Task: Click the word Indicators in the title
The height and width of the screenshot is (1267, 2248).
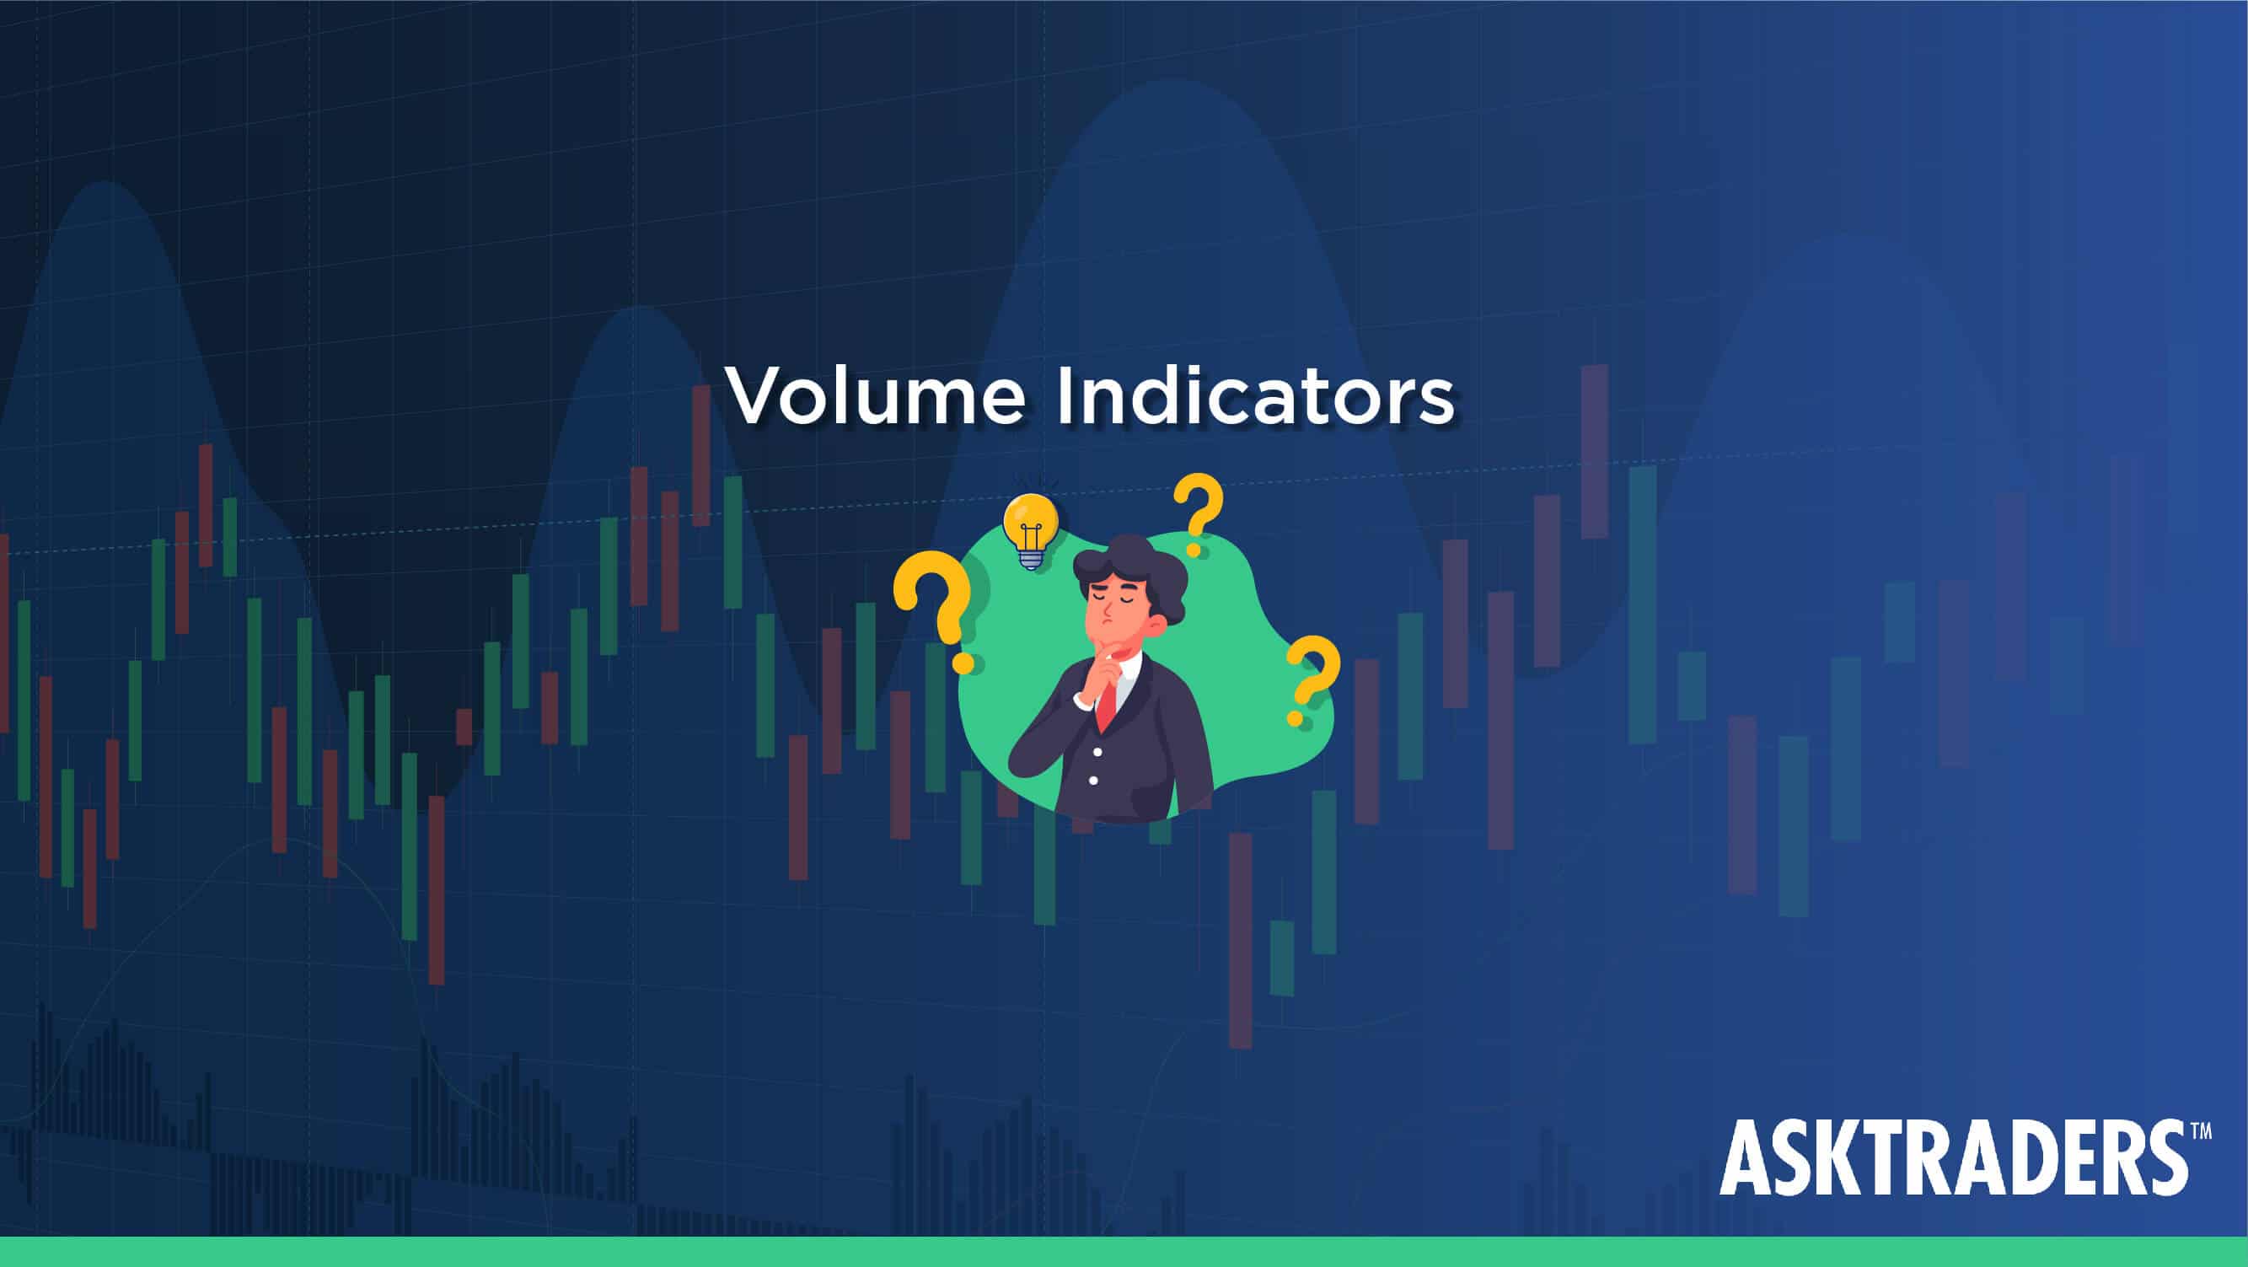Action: (x=1256, y=395)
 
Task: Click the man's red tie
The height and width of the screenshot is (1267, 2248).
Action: (x=1106, y=702)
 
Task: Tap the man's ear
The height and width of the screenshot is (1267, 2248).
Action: (x=1157, y=626)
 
